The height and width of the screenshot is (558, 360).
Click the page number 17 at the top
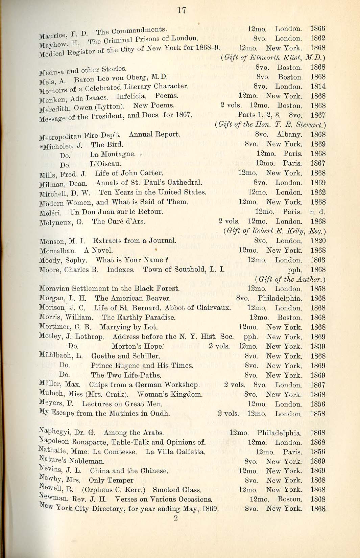coord(182,10)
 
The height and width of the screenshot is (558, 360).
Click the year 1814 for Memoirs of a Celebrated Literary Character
coord(318,87)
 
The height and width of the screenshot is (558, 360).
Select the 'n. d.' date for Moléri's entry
coord(317,212)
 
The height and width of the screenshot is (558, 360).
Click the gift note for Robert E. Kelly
coord(274,231)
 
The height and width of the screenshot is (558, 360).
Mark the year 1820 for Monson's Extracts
coord(318,241)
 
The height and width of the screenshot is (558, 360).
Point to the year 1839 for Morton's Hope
coord(318,346)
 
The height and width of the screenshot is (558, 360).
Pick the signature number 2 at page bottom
coord(175,518)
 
